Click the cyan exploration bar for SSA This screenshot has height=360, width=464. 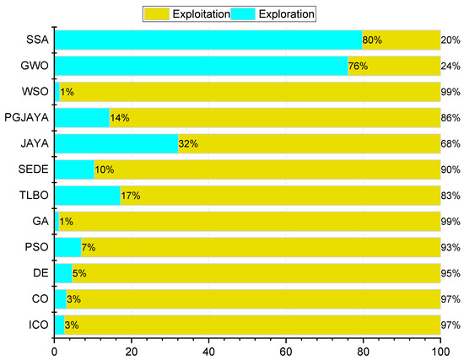(x=208, y=40)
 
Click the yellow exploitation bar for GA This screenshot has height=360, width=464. (x=253, y=222)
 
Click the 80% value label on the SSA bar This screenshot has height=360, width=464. (x=372, y=40)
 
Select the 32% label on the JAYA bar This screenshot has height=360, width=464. (x=188, y=143)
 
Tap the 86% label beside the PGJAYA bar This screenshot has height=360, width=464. (x=451, y=117)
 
